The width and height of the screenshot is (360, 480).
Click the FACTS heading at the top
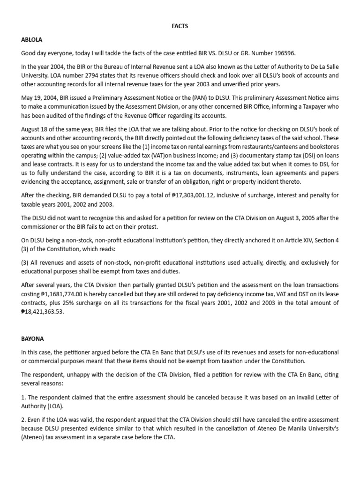(180, 26)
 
